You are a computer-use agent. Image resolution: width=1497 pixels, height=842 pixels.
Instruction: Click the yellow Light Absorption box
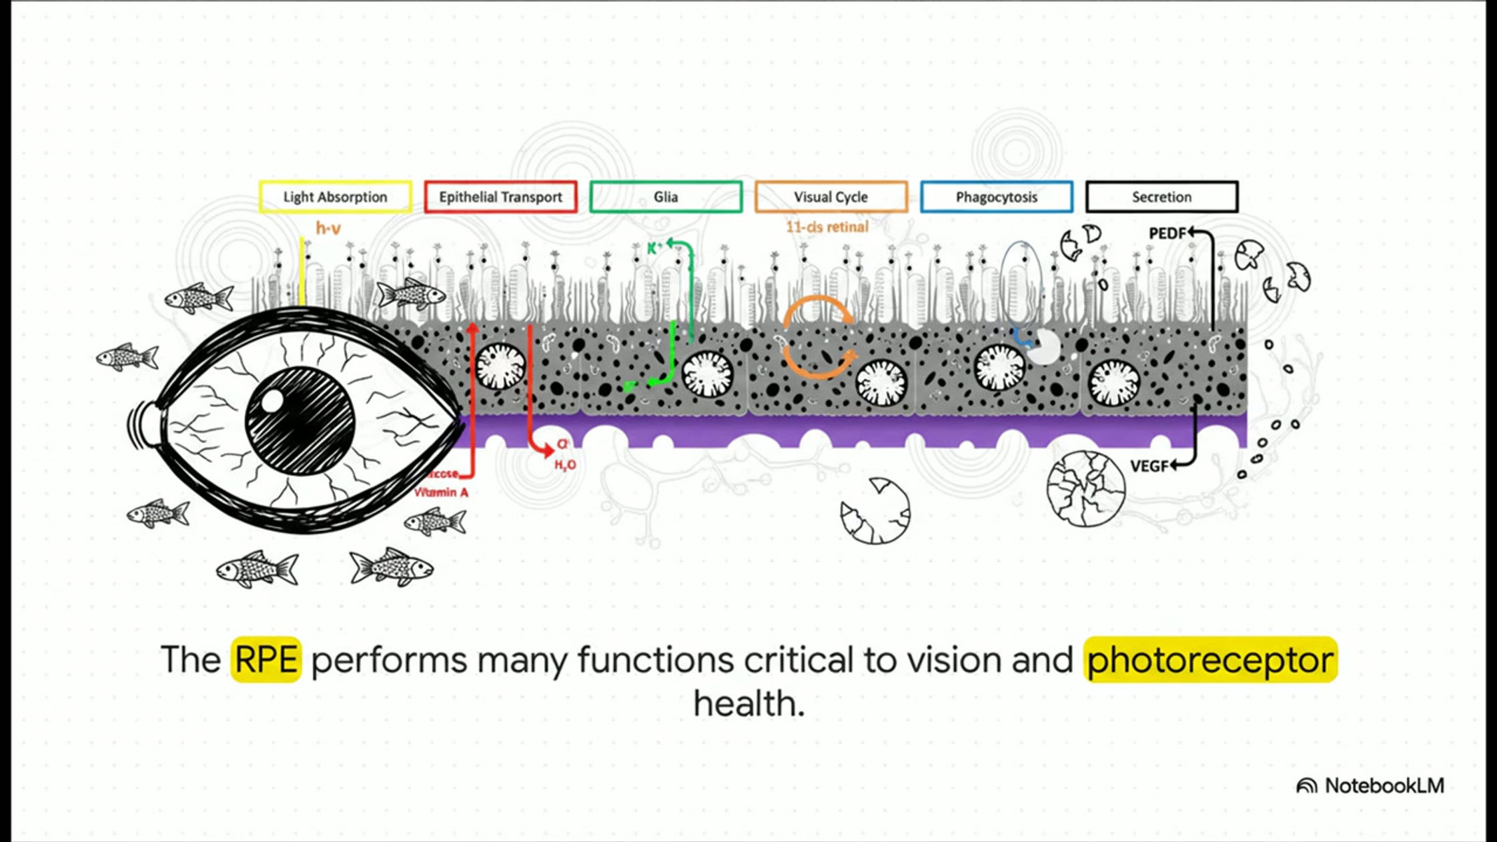click(335, 197)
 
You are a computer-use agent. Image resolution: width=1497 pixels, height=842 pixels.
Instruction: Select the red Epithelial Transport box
click(500, 197)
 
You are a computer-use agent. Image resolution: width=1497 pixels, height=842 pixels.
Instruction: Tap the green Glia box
click(666, 197)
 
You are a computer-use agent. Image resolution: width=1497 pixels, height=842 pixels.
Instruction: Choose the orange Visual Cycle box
click(831, 197)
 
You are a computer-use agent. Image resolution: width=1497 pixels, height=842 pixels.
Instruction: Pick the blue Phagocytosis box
click(997, 197)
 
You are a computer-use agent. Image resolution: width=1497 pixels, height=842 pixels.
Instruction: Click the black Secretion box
click(1161, 197)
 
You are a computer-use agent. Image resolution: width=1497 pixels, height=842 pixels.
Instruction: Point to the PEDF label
click(1167, 234)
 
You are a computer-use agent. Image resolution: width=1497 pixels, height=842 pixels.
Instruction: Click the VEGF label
click(1149, 466)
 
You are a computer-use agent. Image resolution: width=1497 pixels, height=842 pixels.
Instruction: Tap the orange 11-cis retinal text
click(827, 227)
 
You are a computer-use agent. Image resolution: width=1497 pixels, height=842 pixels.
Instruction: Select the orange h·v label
click(328, 229)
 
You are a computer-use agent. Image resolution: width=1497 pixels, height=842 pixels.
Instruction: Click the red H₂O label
click(565, 465)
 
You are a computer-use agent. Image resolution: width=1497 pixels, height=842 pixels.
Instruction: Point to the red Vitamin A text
click(442, 492)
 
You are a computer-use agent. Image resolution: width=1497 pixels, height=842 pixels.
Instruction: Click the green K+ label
click(654, 248)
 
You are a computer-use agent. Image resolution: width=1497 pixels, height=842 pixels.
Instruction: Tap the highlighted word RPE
click(266, 659)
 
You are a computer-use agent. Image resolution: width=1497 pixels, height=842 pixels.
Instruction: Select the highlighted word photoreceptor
click(1210, 659)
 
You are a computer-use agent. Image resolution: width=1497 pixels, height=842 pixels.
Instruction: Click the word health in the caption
click(748, 703)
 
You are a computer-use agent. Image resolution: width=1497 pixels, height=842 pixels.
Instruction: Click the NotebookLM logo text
click(1384, 785)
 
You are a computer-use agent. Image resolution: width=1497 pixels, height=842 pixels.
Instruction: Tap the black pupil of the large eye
click(300, 420)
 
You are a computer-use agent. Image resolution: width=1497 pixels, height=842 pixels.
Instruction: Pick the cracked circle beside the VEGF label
click(1085, 489)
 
